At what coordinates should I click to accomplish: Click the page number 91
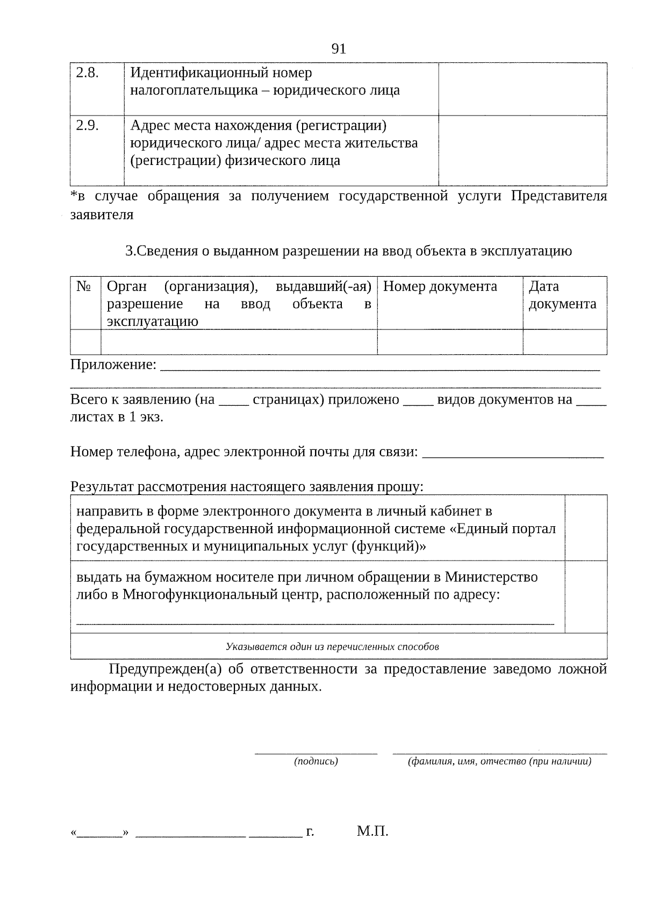(339, 49)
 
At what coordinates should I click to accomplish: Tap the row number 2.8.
(87, 73)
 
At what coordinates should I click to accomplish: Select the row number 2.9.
(87, 126)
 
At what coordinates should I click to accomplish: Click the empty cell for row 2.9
(522, 150)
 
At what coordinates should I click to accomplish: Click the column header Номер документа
(440, 286)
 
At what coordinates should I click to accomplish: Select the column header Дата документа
(562, 295)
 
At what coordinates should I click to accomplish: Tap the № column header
(84, 286)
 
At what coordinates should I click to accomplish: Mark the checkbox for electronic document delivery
(586, 527)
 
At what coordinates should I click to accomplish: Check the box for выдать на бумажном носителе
(586, 597)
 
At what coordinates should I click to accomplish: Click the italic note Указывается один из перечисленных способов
(332, 647)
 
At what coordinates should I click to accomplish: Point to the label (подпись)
(316, 761)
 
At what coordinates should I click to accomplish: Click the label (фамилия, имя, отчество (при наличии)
(500, 761)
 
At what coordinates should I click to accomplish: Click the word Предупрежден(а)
(165, 669)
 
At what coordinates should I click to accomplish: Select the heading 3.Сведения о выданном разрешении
(348, 251)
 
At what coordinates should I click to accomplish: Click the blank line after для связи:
(513, 453)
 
